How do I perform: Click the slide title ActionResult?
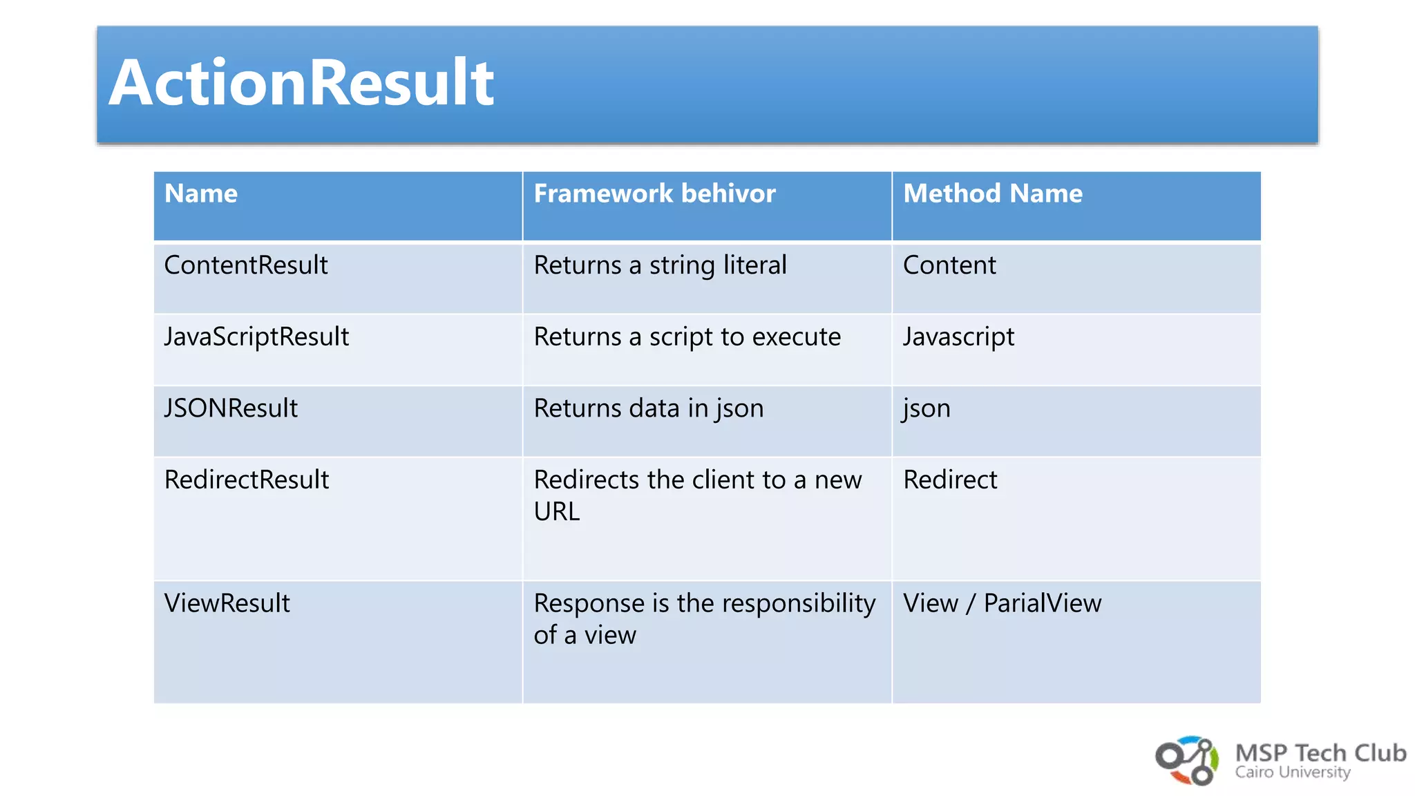pyautogui.click(x=301, y=83)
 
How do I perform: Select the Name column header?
pyautogui.click(x=201, y=193)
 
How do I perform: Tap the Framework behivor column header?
pyautogui.click(x=654, y=193)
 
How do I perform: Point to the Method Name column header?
pyautogui.click(x=992, y=193)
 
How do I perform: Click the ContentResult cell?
pyautogui.click(x=246, y=265)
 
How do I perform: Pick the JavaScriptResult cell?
pyautogui.click(x=256, y=337)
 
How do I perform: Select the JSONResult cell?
pyautogui.click(x=231, y=408)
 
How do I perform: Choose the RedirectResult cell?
pyautogui.click(x=247, y=480)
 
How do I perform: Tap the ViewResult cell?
pyautogui.click(x=227, y=603)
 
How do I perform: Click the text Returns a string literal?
pyautogui.click(x=660, y=265)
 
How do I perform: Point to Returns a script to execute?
pyautogui.click(x=687, y=337)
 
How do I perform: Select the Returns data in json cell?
pyautogui.click(x=648, y=408)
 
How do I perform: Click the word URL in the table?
pyautogui.click(x=556, y=512)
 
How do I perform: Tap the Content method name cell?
pyautogui.click(x=949, y=265)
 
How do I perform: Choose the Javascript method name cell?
pyautogui.click(x=958, y=337)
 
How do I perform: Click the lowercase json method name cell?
pyautogui.click(x=927, y=408)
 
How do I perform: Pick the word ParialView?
pyautogui.click(x=1042, y=603)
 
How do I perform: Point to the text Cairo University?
pyautogui.click(x=1292, y=773)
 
